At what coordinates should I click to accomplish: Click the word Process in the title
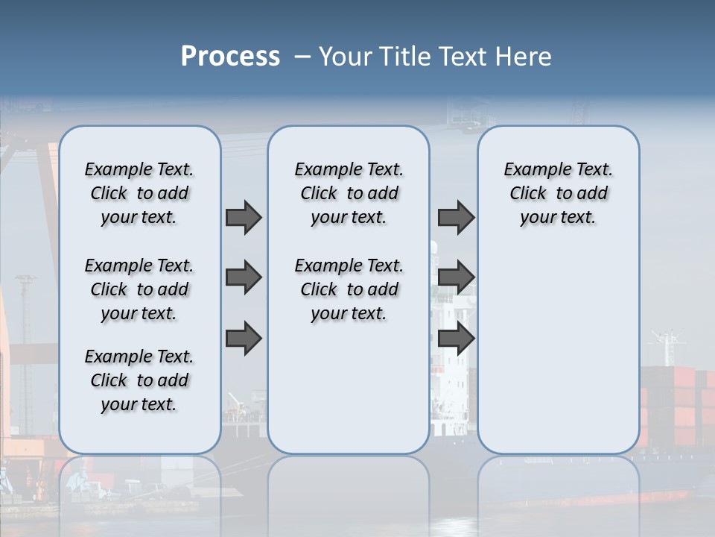point(230,57)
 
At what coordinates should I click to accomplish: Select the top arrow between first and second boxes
point(244,217)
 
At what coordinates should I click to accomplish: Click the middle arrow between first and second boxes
point(244,277)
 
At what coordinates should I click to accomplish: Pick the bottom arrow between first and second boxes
point(244,339)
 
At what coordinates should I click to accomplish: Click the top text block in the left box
point(139,193)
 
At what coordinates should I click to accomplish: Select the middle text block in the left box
point(139,289)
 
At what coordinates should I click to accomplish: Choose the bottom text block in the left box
point(139,380)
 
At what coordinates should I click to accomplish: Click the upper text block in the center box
point(349,193)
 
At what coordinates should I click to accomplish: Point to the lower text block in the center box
point(349,289)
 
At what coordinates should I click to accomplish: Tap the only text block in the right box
point(558,193)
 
